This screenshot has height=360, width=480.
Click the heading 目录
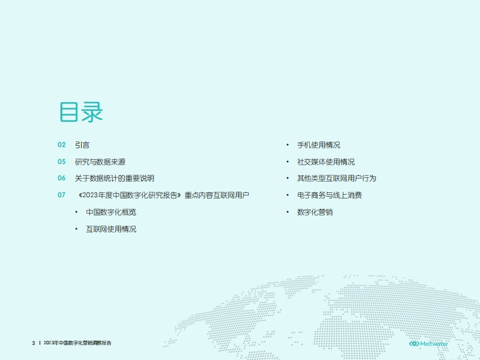[81, 112]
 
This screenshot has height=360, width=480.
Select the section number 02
[62, 145]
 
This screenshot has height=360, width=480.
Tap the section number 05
[62, 162]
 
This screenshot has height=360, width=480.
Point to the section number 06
[62, 178]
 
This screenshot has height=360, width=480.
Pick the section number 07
[62, 195]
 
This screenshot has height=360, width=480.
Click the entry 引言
[82, 145]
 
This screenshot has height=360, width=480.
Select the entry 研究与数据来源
[100, 162]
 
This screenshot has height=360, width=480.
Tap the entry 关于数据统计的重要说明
[114, 178]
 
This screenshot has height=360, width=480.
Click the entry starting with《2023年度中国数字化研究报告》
[164, 195]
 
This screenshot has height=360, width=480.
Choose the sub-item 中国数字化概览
[111, 212]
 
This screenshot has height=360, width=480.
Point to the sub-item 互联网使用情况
[111, 229]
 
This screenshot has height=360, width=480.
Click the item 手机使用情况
[318, 145]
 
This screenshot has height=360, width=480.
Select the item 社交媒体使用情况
[326, 162]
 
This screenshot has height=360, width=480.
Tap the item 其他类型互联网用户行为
[337, 178]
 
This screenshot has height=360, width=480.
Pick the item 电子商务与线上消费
[329, 195]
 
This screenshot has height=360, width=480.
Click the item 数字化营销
[315, 212]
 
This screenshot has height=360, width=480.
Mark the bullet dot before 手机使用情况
[288, 145]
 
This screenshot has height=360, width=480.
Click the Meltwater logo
[429, 344]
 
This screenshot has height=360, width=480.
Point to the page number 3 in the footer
[33, 343]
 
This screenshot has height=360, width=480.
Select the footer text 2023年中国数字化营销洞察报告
[77, 343]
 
